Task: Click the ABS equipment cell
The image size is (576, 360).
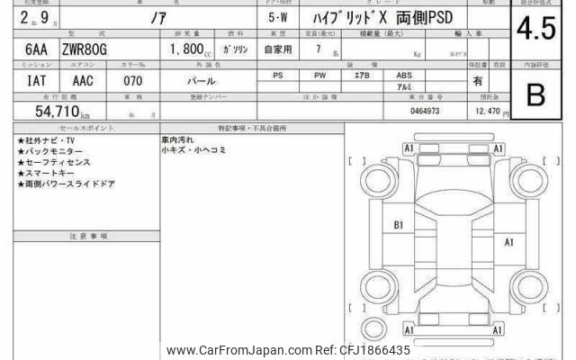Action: tap(404, 76)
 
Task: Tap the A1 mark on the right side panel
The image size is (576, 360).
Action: tap(508, 242)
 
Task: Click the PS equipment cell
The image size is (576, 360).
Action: tap(278, 76)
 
